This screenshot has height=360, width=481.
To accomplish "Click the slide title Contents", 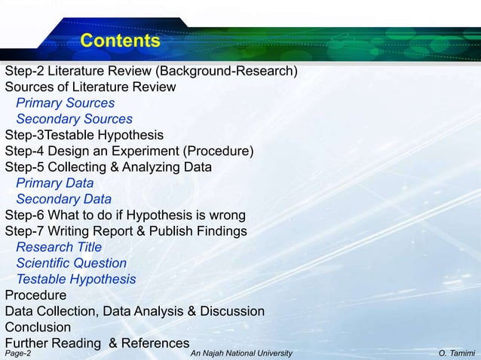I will pyautogui.click(x=120, y=41).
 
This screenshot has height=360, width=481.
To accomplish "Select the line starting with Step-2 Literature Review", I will pyautogui.click(x=151, y=72).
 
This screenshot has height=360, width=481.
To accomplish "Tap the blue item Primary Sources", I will pyautogui.click(x=66, y=103).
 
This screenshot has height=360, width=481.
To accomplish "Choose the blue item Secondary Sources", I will pyautogui.click(x=74, y=119).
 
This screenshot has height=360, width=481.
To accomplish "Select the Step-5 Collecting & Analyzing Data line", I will pyautogui.click(x=108, y=167).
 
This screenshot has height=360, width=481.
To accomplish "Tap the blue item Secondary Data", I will pyautogui.click(x=63, y=200).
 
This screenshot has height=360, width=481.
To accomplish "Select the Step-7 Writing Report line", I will pyautogui.click(x=125, y=231).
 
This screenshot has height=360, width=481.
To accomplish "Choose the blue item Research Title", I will pyautogui.click(x=59, y=247).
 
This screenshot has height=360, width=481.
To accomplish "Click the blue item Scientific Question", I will pyautogui.click(x=71, y=264).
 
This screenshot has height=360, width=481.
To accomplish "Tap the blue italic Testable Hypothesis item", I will pyautogui.click(x=76, y=279).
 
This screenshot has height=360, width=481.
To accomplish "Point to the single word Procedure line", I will pyautogui.click(x=35, y=295).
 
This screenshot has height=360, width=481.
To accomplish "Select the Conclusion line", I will pyautogui.click(x=38, y=328).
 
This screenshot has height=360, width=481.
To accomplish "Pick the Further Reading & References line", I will pyautogui.click(x=97, y=343).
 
